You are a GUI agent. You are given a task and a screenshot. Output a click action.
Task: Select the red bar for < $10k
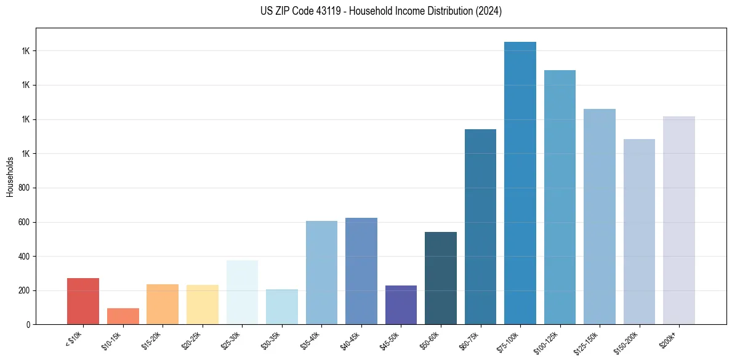click(83, 301)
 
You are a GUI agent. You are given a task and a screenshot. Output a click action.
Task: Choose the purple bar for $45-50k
click(401, 305)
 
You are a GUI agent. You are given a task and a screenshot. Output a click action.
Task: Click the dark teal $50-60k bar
click(441, 278)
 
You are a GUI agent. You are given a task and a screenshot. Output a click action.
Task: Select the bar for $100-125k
click(560, 197)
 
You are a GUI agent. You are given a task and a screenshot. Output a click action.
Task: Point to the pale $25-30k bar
click(242, 292)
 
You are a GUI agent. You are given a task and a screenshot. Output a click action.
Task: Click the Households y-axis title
click(10, 177)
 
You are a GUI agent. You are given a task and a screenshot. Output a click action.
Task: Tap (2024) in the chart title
click(489, 11)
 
